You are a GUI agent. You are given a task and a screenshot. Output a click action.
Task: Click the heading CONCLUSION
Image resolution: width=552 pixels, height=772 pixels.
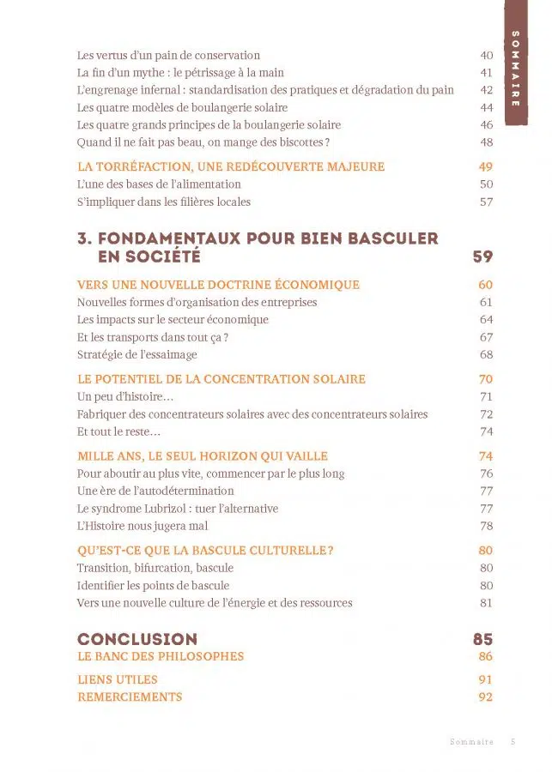pos(137,639)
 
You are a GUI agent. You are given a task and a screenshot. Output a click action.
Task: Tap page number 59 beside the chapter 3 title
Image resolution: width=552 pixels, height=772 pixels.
pos(482,256)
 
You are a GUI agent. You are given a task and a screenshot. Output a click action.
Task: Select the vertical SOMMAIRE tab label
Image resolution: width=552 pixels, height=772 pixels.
pos(515,69)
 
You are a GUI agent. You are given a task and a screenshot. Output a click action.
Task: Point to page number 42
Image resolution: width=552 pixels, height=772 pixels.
pos(487,90)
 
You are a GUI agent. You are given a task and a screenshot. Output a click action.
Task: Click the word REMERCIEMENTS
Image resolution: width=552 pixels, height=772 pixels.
pos(130,697)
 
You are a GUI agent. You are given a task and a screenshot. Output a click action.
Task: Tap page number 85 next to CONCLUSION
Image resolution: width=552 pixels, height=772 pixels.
pos(482,639)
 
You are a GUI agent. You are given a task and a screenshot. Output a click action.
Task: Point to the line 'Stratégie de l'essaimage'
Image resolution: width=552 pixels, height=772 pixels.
pos(137,354)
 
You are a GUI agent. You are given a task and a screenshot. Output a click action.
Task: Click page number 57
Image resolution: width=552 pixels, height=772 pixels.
pos(487,202)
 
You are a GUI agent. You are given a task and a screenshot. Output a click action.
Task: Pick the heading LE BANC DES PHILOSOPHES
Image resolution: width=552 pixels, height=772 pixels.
pos(161,656)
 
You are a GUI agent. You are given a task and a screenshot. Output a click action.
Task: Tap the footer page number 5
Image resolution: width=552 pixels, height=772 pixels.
pos(513,742)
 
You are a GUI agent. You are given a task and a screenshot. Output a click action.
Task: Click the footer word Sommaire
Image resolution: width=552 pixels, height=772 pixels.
pos(471,742)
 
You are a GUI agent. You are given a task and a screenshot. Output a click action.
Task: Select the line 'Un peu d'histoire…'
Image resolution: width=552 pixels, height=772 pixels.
pos(125,396)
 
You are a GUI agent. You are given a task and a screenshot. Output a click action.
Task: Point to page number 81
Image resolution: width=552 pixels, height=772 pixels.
pos(487,603)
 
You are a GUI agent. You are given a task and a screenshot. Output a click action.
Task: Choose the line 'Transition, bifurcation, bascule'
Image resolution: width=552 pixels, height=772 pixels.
pos(155,568)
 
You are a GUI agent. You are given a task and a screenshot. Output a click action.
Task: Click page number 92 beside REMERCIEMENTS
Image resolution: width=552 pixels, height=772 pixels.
pos(486,697)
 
